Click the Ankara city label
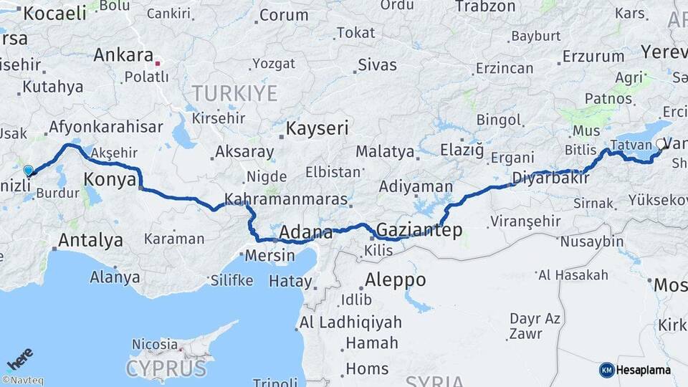click(123, 55)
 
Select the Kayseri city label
click(317, 129)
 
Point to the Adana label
click(305, 232)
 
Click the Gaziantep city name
click(419, 230)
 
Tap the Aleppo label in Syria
click(395, 279)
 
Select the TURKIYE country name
click(234, 92)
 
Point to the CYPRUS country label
click(166, 368)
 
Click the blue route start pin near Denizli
click(28, 171)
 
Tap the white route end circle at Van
click(660, 145)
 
